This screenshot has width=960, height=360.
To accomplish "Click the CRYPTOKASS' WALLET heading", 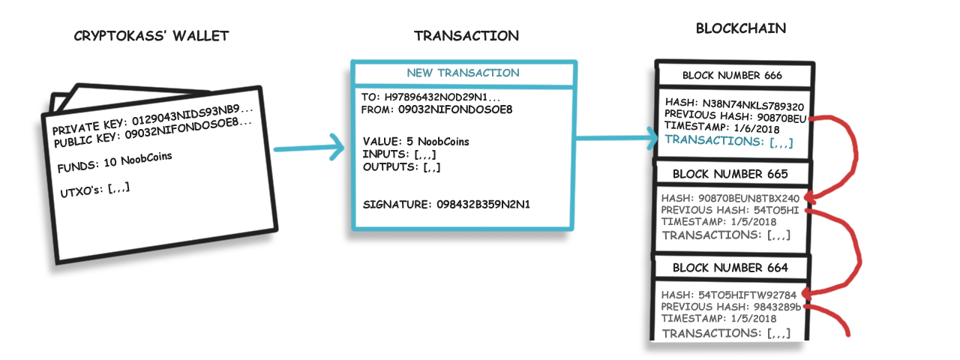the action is tap(151, 36).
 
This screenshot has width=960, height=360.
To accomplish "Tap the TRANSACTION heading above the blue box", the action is tap(466, 36).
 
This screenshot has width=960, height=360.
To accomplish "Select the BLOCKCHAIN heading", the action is tap(740, 28).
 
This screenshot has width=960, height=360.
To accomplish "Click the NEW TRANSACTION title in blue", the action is tap(463, 73).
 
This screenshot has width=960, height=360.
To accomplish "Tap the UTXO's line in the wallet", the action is tap(94, 190).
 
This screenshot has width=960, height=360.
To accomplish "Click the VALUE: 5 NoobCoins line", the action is tap(415, 142).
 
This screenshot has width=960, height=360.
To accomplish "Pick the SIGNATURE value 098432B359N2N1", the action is tap(483, 205).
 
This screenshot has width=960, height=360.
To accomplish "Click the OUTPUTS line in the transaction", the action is tap(401, 166).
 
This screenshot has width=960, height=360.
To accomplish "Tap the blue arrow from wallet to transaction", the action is tap(309, 148).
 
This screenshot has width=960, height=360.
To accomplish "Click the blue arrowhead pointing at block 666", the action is tap(652, 137).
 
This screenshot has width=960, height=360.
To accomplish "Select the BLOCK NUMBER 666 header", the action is tap(732, 76).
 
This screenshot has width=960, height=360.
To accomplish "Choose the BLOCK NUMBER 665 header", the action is tap(730, 174).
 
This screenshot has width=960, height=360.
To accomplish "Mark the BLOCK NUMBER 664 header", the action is tap(730, 268).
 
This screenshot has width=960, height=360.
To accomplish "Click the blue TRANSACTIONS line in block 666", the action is tap(728, 141).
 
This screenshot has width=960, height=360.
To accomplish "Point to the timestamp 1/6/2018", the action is tap(757, 128).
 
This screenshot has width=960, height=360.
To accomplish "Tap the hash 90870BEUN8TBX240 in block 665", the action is tap(748, 199).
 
